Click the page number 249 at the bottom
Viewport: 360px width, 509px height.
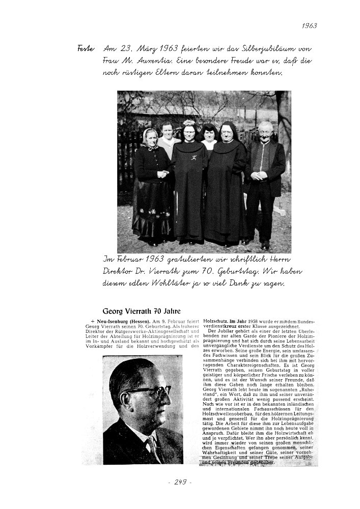coord(180,482)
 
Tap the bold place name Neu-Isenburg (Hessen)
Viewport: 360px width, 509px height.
coord(118,322)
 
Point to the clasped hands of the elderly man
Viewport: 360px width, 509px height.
coord(261,177)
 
